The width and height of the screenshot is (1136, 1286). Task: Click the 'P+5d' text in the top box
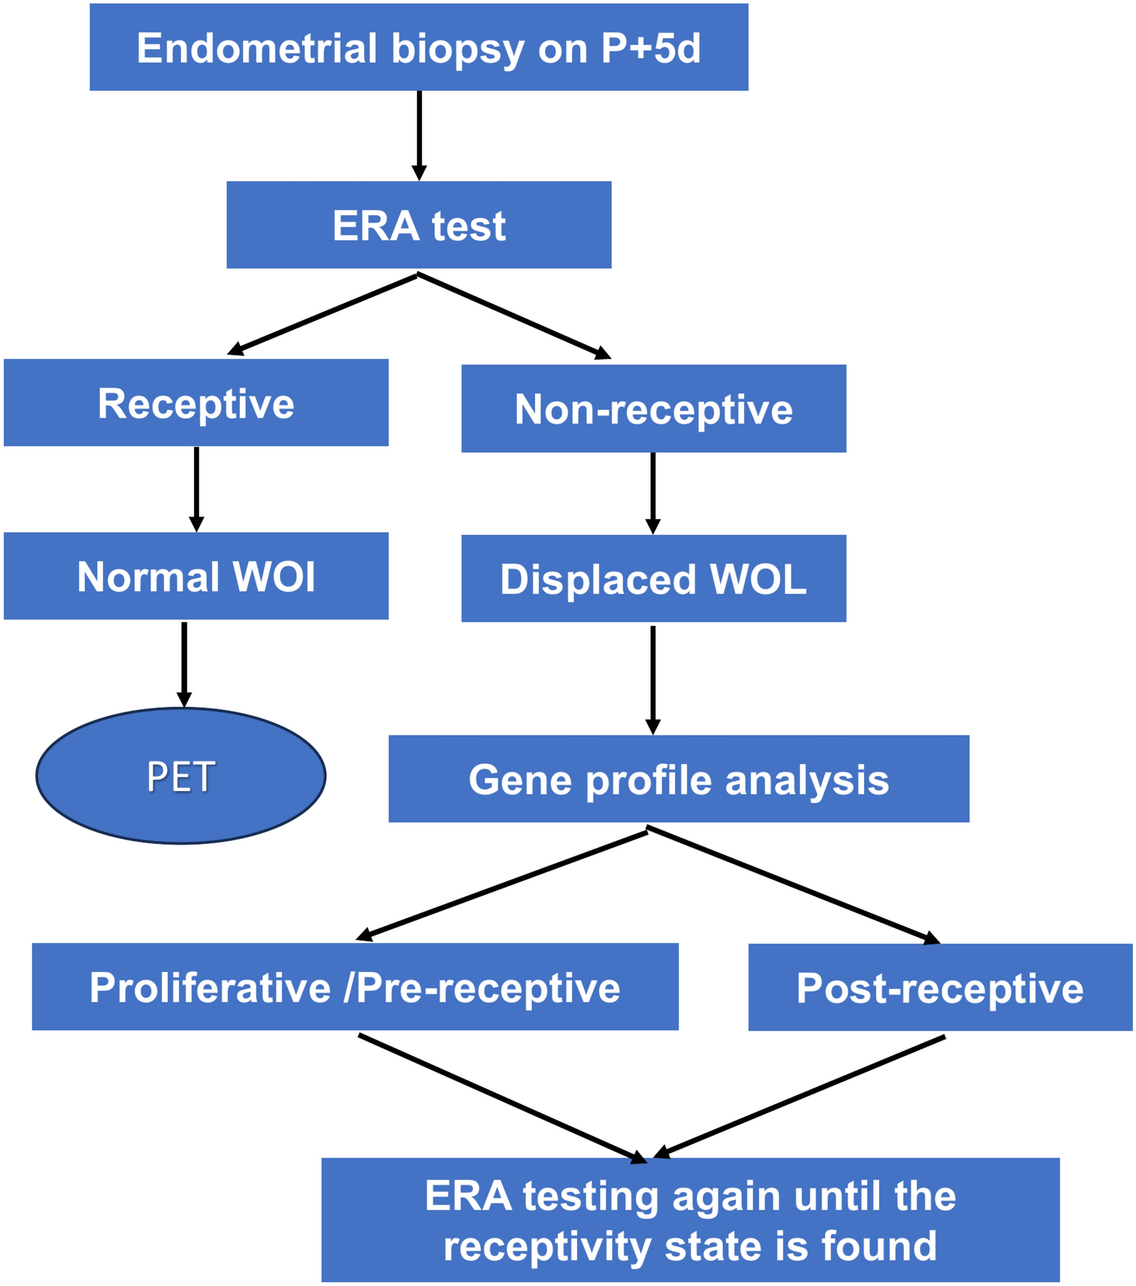[x=650, y=49]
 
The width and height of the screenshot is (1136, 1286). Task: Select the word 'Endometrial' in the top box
[x=256, y=49]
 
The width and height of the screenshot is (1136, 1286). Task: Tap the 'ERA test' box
[x=419, y=225]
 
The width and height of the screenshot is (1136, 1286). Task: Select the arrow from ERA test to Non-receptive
[x=513, y=316]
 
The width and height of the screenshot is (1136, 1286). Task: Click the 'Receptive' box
[x=196, y=403]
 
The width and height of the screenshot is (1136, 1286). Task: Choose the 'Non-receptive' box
[x=653, y=408]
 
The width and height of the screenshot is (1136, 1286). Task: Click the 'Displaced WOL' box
[x=653, y=579]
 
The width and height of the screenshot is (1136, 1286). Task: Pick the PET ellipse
[x=181, y=775]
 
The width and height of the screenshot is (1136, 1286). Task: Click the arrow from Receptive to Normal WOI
[x=197, y=489]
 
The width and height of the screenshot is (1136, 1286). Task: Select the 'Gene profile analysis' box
[x=679, y=779]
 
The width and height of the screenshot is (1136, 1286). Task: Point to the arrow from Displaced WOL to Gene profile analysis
[x=653, y=679]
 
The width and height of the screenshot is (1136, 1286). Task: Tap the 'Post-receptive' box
[x=940, y=987]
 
